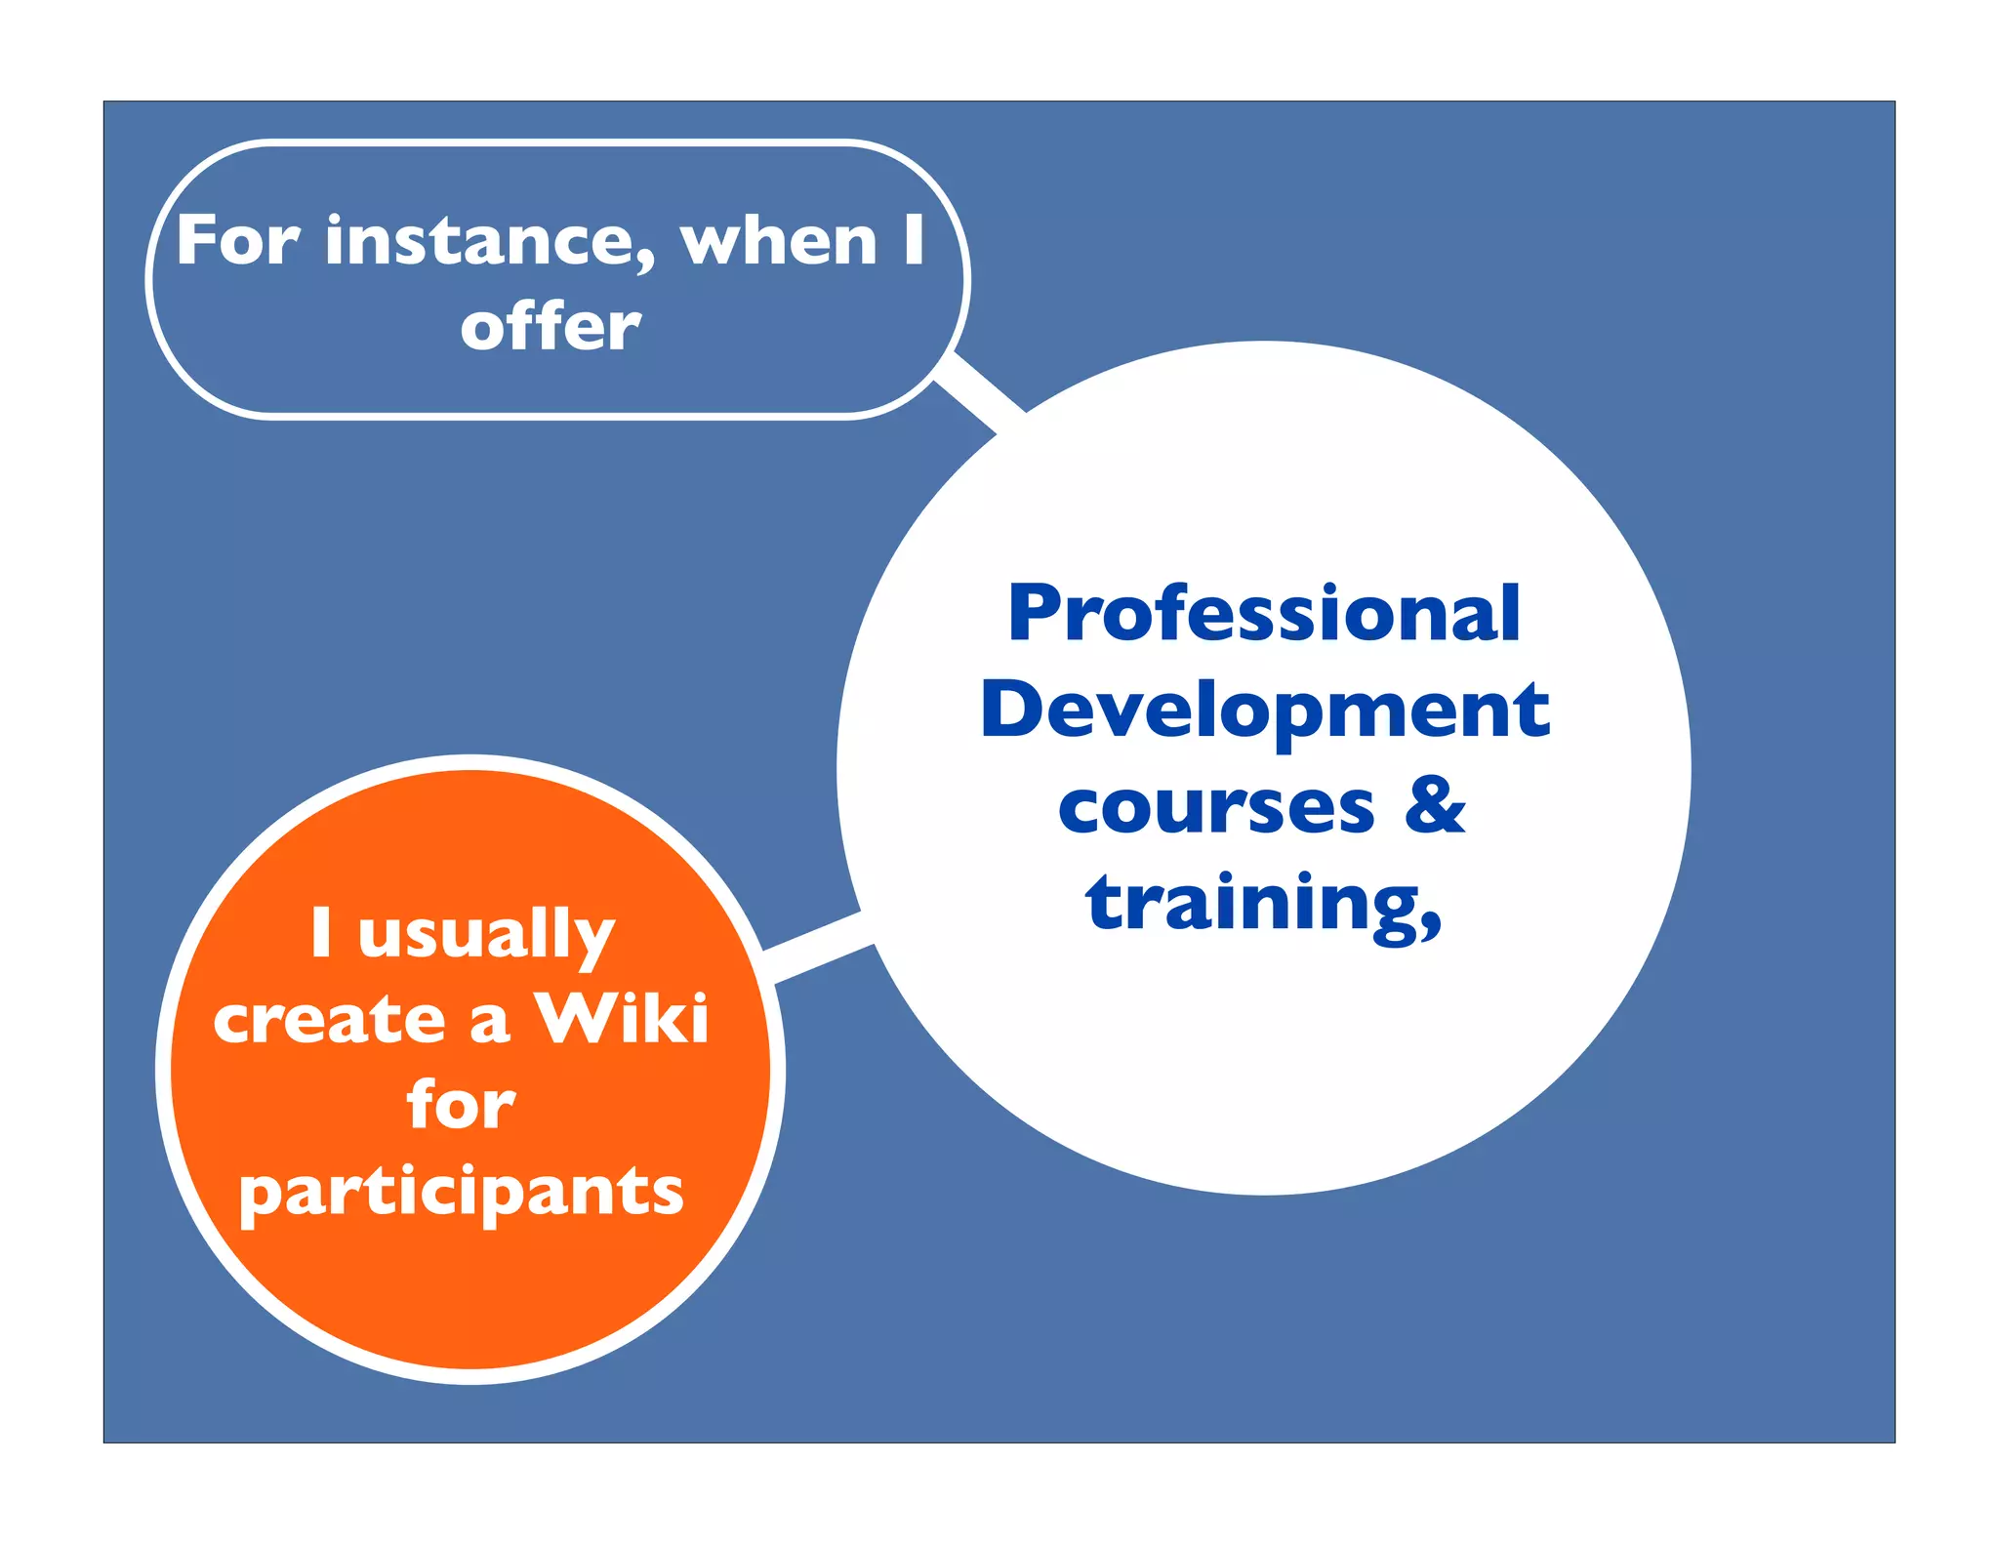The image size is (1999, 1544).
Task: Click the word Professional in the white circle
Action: (x=1263, y=614)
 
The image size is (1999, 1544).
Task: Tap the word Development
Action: (x=1265, y=711)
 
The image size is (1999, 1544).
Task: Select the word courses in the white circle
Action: (x=1216, y=808)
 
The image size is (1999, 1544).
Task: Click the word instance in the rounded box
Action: (x=488, y=242)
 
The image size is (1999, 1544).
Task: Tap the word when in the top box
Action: (x=779, y=241)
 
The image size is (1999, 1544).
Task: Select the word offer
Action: (x=551, y=327)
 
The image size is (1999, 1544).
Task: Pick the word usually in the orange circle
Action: (x=486, y=935)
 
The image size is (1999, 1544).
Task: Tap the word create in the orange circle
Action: (x=329, y=1021)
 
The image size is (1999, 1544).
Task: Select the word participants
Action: (x=462, y=1193)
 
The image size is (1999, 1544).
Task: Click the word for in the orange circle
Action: (x=461, y=1105)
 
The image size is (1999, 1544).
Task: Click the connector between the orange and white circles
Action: (x=818, y=947)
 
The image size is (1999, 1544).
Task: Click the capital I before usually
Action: (x=321, y=931)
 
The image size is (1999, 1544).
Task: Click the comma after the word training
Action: (x=1431, y=921)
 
